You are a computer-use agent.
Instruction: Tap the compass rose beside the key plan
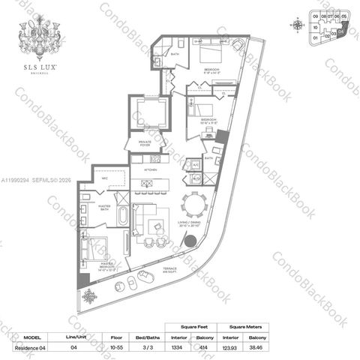[x=298, y=24]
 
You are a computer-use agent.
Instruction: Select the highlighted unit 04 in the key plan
[x=342, y=31]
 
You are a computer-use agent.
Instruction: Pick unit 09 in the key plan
[x=315, y=15]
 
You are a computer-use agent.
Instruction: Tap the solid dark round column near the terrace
[x=190, y=241]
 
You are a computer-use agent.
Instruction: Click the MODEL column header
[x=33, y=338]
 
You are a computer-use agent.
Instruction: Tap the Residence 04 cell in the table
[x=33, y=349]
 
